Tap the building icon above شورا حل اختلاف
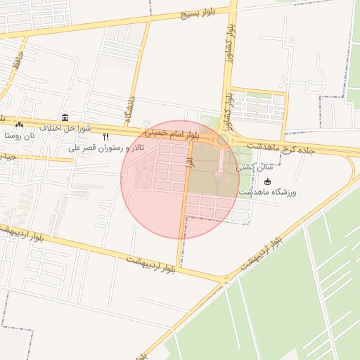(65, 117)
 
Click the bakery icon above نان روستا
(20, 124)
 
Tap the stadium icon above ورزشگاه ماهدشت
(266, 182)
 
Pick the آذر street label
(188, 162)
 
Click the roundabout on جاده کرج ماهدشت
(223, 141)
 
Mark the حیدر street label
(7, 156)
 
